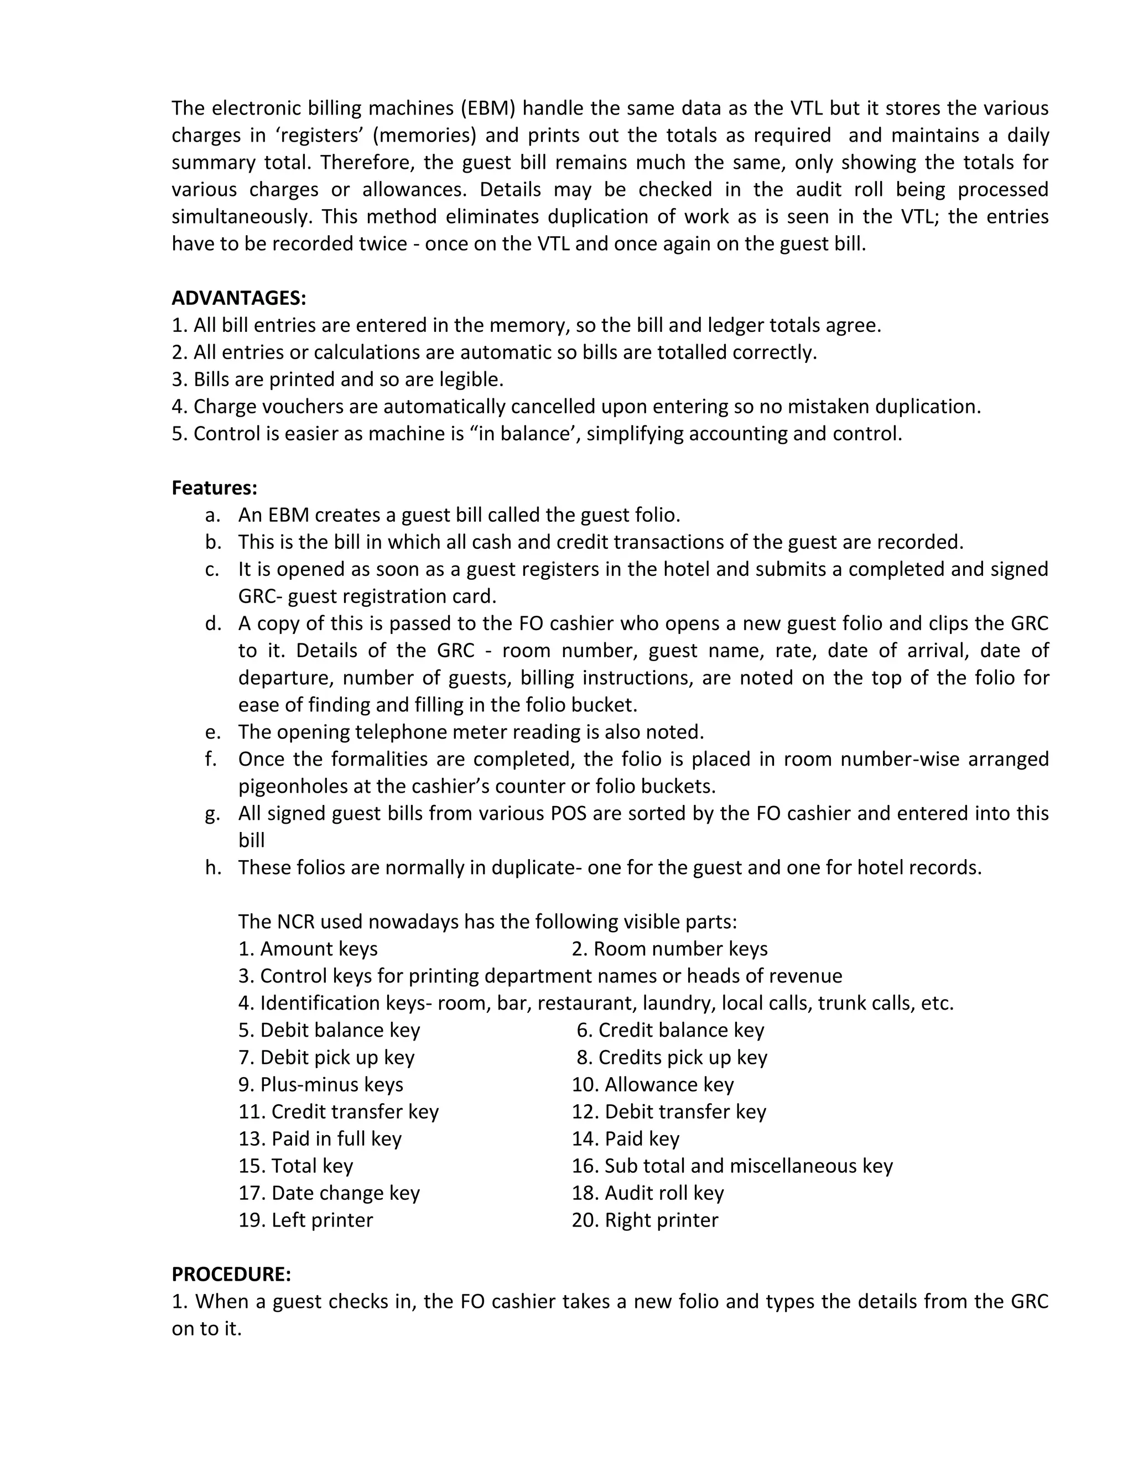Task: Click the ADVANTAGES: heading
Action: click(238, 298)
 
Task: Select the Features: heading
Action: click(214, 487)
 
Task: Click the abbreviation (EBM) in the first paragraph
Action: click(487, 108)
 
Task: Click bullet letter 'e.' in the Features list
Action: click(213, 732)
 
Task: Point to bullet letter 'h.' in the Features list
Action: click(213, 867)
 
